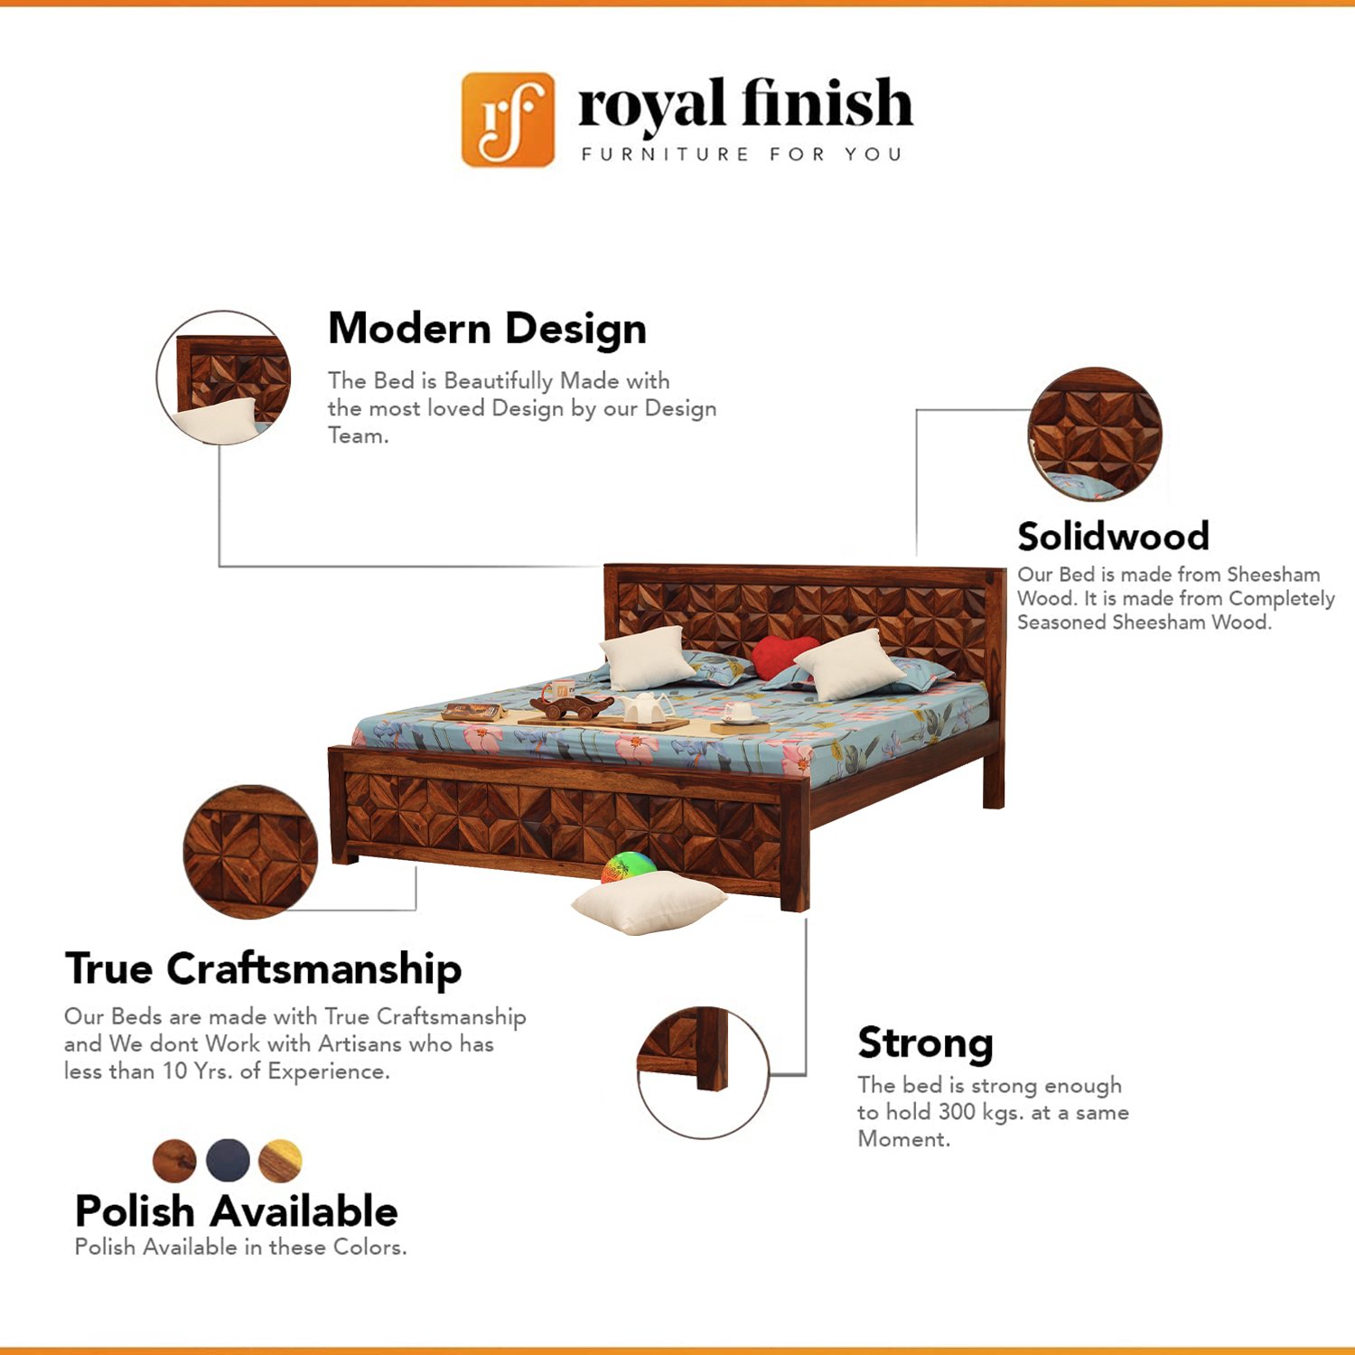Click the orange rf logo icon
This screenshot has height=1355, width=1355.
(x=508, y=119)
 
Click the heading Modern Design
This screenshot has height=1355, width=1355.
(x=487, y=329)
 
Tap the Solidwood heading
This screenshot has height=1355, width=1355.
(x=1113, y=537)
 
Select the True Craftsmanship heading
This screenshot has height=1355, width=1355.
(x=263, y=969)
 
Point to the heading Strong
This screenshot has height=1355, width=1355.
(x=925, y=1045)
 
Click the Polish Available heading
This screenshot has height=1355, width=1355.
(x=236, y=1211)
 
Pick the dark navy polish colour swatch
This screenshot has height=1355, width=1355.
(x=228, y=1160)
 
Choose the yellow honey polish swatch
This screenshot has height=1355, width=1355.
(x=280, y=1161)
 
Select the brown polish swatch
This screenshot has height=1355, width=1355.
(x=174, y=1160)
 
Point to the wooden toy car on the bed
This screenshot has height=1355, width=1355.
(x=571, y=706)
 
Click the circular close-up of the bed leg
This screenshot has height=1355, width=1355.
(x=703, y=1072)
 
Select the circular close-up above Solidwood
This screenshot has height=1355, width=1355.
(x=1095, y=434)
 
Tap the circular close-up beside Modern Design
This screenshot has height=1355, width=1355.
(x=223, y=378)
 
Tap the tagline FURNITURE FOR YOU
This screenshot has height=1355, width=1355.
(x=742, y=154)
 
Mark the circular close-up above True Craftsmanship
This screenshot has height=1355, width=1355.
(x=250, y=852)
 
